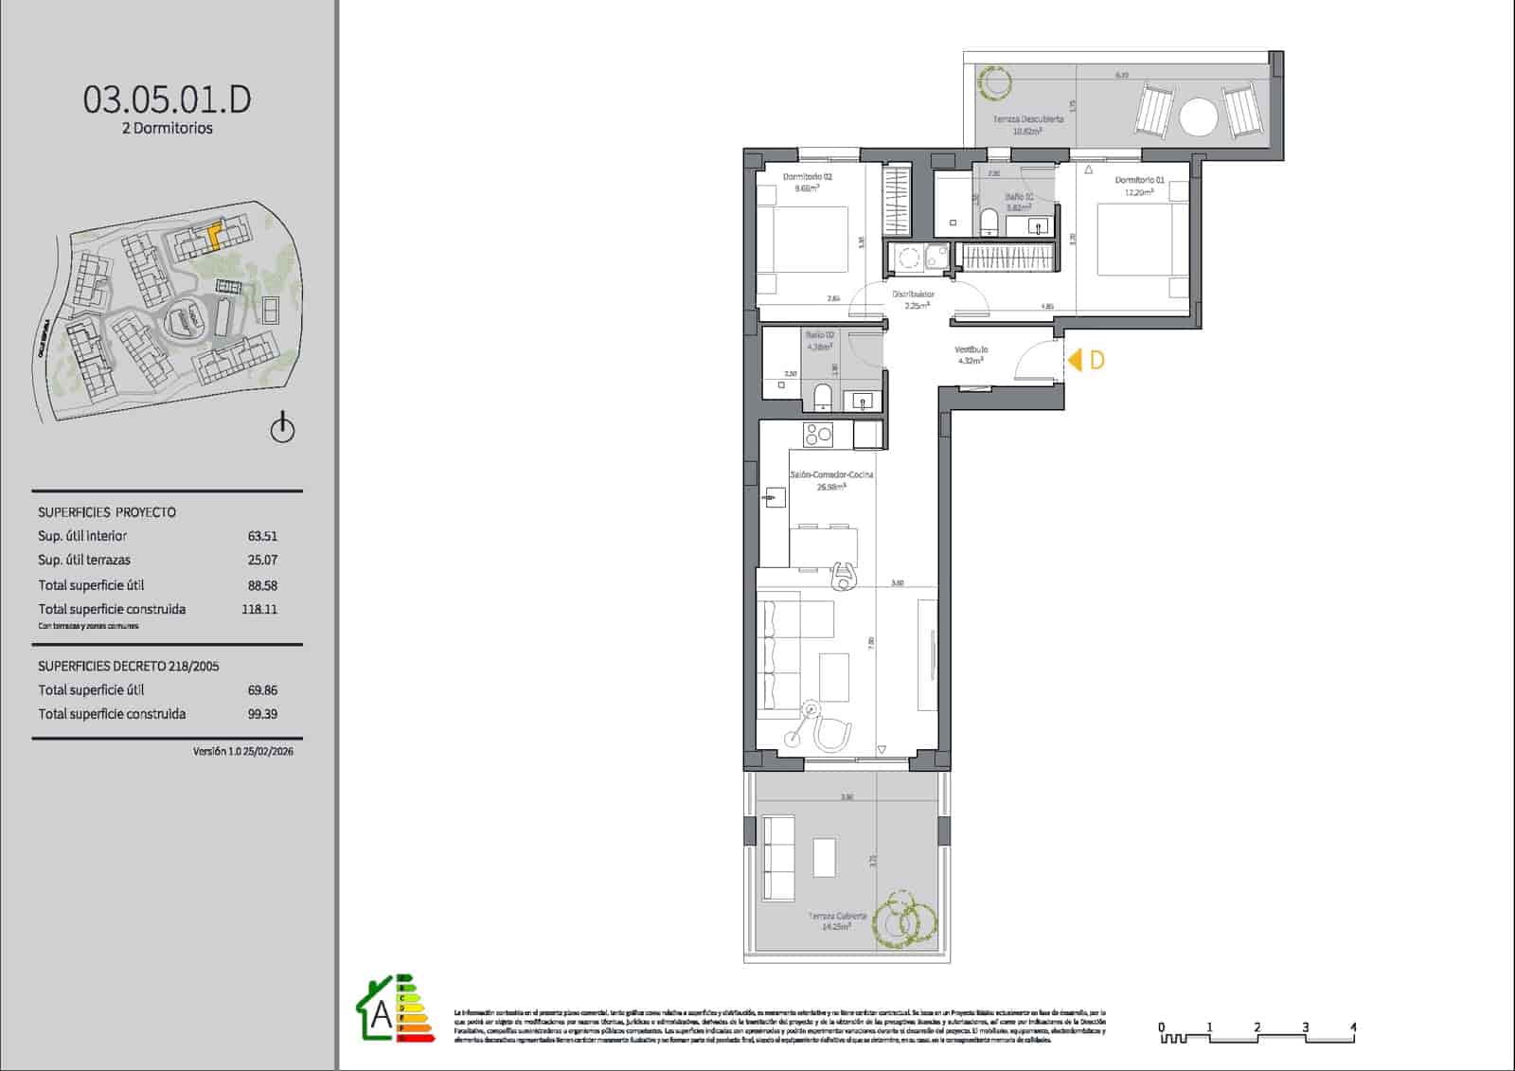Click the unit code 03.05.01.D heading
pyautogui.click(x=168, y=99)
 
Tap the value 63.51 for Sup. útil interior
pyautogui.click(x=262, y=536)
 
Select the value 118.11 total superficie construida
pyautogui.click(x=259, y=610)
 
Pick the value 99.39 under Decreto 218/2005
pyautogui.click(x=262, y=715)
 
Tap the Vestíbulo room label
pyautogui.click(x=971, y=350)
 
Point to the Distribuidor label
pyautogui.click(x=913, y=295)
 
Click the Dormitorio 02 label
pyautogui.click(x=808, y=177)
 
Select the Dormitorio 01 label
pyautogui.click(x=1139, y=180)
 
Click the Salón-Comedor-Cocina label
pyautogui.click(x=831, y=474)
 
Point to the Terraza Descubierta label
pyautogui.click(x=1028, y=119)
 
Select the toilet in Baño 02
pyautogui.click(x=822, y=398)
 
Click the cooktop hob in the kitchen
pyautogui.click(x=818, y=436)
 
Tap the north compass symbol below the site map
pyautogui.click(x=282, y=429)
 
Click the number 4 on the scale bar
pyautogui.click(x=1353, y=1026)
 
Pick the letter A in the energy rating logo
pyautogui.click(x=381, y=1014)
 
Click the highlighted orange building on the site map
pyautogui.click(x=214, y=234)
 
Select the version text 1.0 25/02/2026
pyautogui.click(x=242, y=751)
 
